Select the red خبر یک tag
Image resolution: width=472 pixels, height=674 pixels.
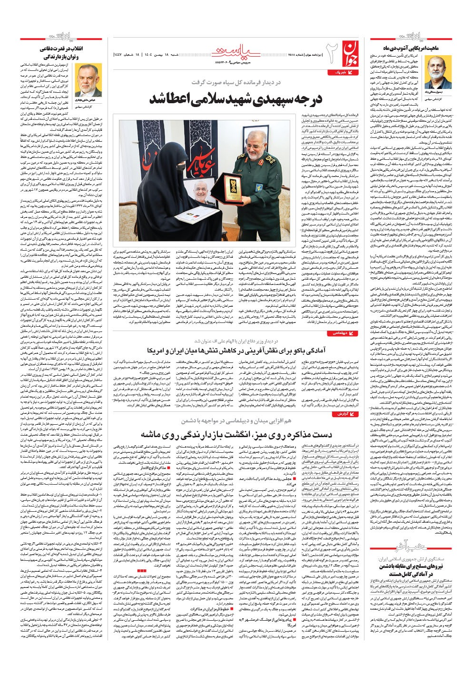click(339, 72)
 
